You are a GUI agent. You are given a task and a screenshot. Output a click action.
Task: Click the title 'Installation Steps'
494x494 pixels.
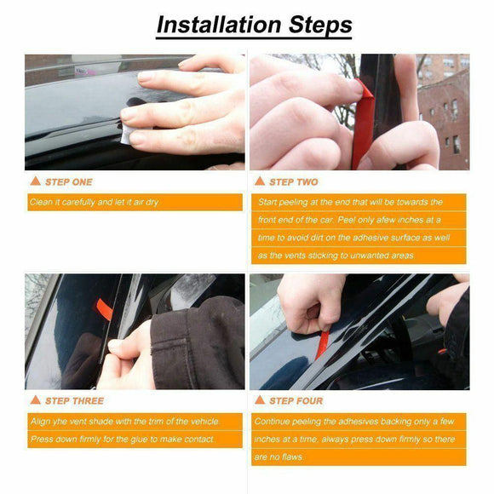click(254, 24)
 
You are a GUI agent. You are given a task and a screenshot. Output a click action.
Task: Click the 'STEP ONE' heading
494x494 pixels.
click(68, 181)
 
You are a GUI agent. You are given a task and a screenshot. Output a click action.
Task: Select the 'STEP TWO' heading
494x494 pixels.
click(294, 181)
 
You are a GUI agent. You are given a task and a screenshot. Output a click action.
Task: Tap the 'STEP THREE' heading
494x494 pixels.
click(74, 400)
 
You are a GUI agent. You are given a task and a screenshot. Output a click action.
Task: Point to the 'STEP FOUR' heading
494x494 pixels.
click(296, 400)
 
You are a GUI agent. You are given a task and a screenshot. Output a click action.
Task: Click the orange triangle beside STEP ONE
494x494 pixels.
click(35, 181)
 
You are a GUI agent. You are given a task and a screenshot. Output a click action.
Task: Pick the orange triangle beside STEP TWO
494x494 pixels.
click(260, 181)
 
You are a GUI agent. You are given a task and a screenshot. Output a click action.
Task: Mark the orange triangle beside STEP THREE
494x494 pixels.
click(35, 399)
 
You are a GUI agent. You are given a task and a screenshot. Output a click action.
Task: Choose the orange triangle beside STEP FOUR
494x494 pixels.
click(260, 399)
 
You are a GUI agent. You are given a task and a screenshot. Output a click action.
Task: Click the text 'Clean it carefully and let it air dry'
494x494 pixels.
click(94, 203)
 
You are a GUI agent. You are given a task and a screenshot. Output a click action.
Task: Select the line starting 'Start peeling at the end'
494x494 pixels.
click(361, 203)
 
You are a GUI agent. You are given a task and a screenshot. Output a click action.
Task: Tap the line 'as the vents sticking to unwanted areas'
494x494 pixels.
click(336, 255)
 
